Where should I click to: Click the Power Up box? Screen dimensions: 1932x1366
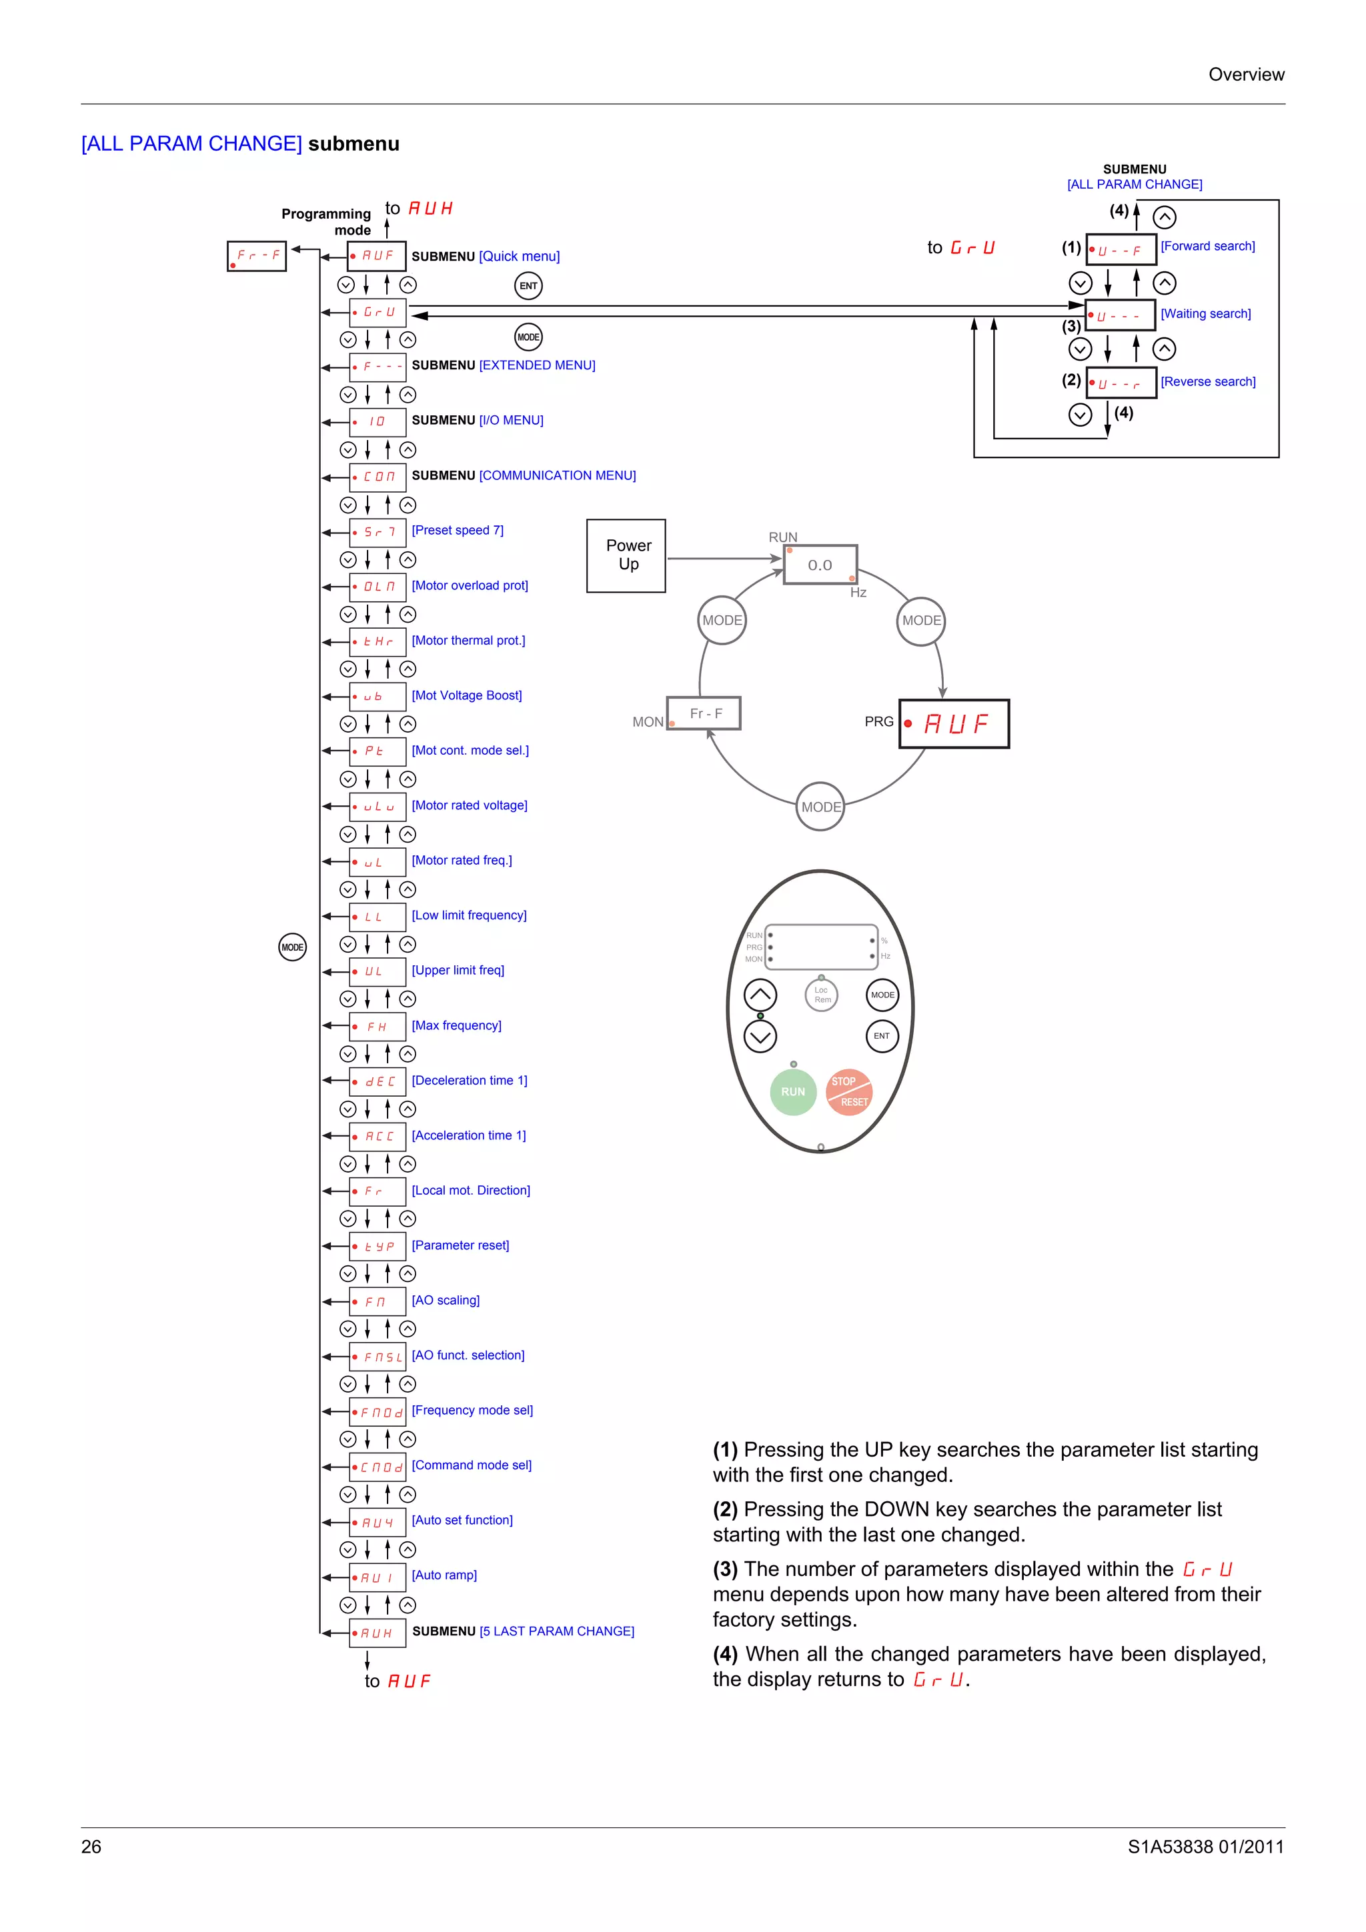coord(626,555)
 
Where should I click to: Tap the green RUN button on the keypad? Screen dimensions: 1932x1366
coord(793,1091)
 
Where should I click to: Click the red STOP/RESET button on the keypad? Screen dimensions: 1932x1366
coord(848,1091)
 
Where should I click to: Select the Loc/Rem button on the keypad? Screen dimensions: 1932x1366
coord(822,995)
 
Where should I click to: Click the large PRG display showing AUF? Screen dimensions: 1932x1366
coord(954,723)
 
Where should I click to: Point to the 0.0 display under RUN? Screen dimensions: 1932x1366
coord(820,565)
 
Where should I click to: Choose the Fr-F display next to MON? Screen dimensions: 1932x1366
coord(704,713)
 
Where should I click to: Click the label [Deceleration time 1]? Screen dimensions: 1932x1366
coord(469,1081)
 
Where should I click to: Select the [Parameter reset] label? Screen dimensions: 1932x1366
coord(460,1245)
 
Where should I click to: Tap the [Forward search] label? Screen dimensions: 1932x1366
coord(1207,246)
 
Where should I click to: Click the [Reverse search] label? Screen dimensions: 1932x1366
coord(1208,381)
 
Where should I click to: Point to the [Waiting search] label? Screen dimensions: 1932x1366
coord(1205,314)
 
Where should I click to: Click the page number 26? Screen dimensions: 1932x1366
coord(91,1846)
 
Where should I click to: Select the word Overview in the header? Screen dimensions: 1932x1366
coord(1246,74)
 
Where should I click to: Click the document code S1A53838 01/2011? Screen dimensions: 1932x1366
coord(1205,1846)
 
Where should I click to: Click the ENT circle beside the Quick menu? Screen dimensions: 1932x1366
coord(528,286)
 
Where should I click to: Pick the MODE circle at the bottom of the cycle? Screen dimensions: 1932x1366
coord(820,807)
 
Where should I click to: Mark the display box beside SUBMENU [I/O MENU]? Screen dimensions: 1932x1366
coord(378,421)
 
